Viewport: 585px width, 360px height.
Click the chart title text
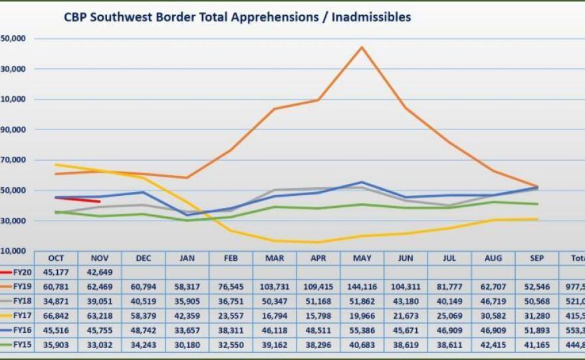pyautogui.click(x=237, y=17)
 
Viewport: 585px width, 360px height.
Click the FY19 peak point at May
pyautogui.click(x=362, y=47)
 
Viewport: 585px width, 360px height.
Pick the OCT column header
pyautogui.click(x=56, y=258)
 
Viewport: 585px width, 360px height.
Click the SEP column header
pyautogui.click(x=536, y=258)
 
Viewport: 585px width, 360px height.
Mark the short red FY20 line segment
pyautogui.click(x=78, y=199)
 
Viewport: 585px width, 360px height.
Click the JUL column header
pyautogui.click(x=449, y=258)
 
